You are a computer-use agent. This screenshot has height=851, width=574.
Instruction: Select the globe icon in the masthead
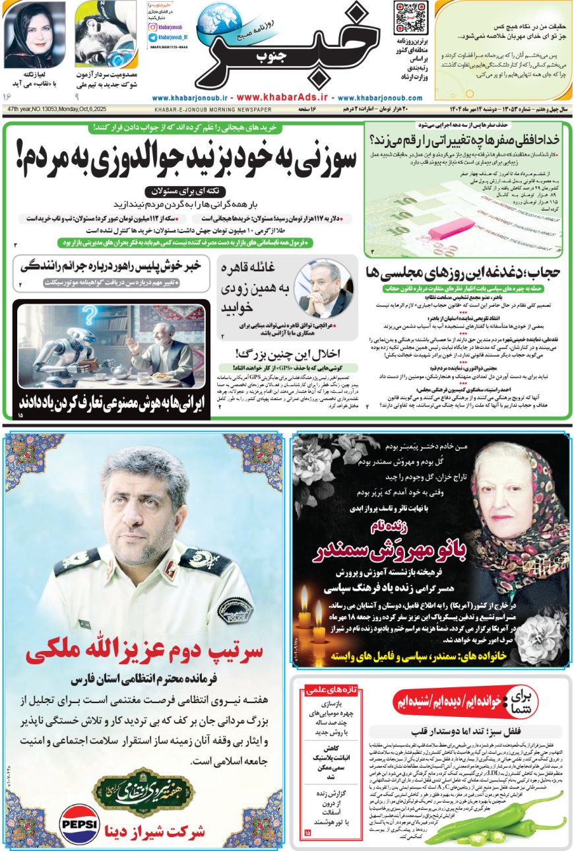coord(219,20)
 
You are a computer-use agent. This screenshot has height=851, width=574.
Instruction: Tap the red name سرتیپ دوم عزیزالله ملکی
coord(144,652)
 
